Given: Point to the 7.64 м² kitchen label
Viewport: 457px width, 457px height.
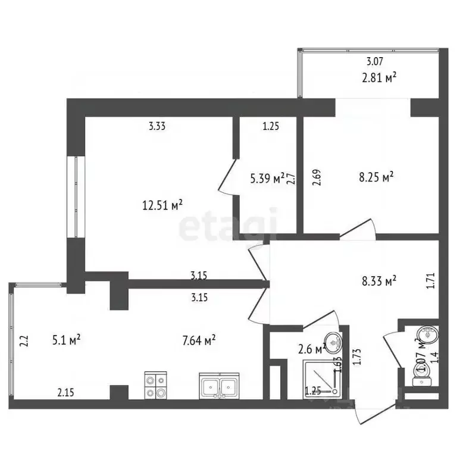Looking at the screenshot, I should pyautogui.click(x=198, y=340).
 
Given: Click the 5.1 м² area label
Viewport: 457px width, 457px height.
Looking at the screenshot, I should pyautogui.click(x=66, y=340).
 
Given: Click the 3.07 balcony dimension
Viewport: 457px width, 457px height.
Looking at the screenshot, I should pyautogui.click(x=374, y=61).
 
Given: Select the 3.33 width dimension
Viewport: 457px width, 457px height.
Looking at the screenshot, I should pyautogui.click(x=157, y=126).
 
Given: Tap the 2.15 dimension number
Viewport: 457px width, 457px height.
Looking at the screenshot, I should pyautogui.click(x=66, y=392).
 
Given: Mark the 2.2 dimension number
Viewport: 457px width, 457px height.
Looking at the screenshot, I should pyautogui.click(x=24, y=341).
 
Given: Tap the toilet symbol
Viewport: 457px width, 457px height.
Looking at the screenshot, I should pyautogui.click(x=425, y=373).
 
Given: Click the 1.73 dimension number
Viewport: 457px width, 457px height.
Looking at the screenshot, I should pyautogui.click(x=357, y=356).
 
